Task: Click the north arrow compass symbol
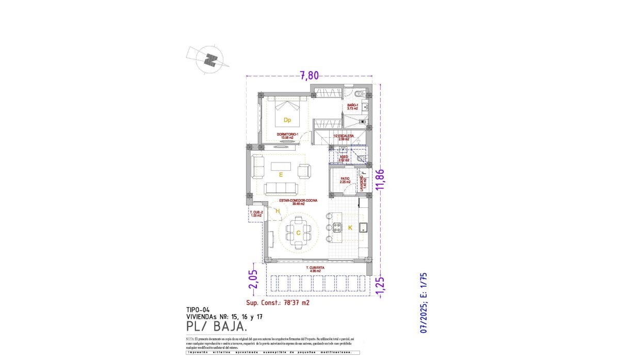[x=209, y=60]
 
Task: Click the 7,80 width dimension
[x=309, y=75]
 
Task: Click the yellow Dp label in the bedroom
[x=287, y=120]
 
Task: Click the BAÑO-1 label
[x=353, y=106]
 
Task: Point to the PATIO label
[x=345, y=179]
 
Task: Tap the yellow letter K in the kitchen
[x=350, y=227]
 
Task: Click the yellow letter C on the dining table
[x=298, y=233]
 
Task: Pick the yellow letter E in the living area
[x=281, y=175]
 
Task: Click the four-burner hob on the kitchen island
[x=337, y=227]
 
